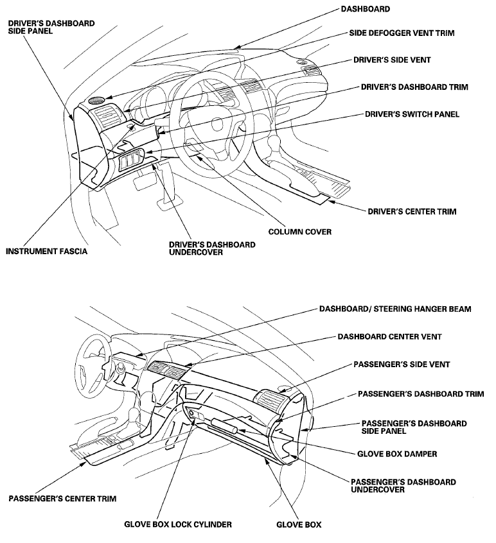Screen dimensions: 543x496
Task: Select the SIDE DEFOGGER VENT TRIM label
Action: [402, 33]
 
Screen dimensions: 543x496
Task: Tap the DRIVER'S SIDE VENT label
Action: [392, 60]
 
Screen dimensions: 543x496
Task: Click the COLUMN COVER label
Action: [301, 232]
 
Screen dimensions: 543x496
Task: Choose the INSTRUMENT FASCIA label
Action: [46, 251]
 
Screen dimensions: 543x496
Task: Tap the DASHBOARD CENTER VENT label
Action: [389, 336]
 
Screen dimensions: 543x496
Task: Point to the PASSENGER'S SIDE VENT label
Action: [402, 364]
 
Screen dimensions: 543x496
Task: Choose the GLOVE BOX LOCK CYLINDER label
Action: [178, 524]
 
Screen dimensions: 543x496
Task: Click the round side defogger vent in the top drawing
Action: [98, 101]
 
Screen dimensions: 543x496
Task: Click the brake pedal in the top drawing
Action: [144, 182]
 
